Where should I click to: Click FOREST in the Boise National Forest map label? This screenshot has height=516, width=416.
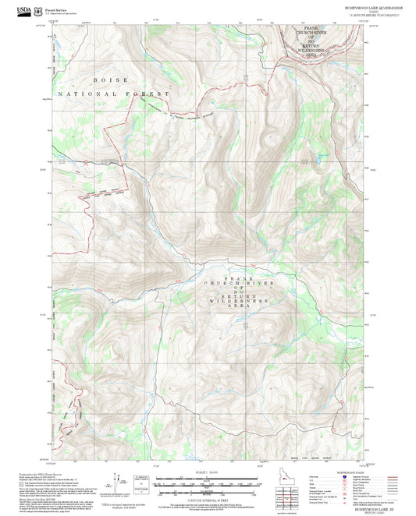(153, 94)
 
